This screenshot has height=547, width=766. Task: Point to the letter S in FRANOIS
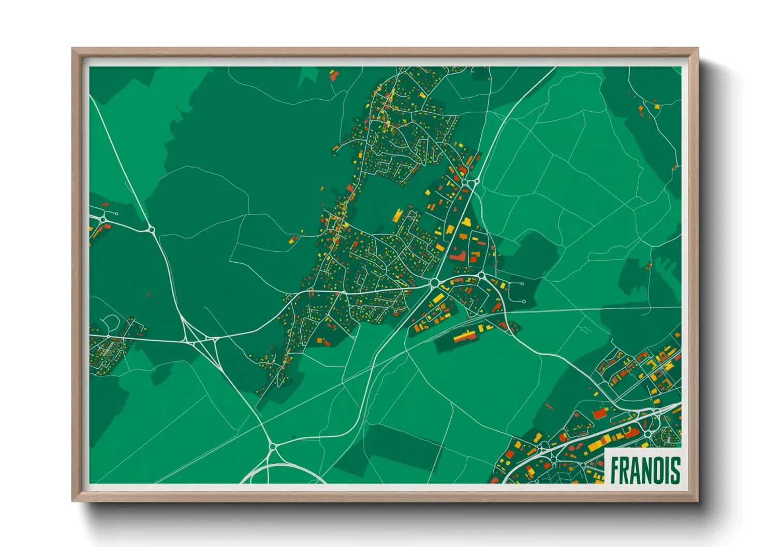coord(675,470)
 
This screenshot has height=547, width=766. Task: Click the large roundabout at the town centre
coord(434,282)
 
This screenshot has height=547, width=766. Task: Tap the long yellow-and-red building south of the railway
coord(465,336)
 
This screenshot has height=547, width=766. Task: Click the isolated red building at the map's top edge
coord(334,76)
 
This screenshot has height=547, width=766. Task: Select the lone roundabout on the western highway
coord(151,229)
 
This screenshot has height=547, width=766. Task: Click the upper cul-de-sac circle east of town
coord(522,284)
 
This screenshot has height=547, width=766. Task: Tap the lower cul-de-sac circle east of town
coord(524,301)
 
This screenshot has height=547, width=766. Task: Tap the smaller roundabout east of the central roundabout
coord(481,276)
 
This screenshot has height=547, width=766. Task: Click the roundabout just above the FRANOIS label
coord(646,433)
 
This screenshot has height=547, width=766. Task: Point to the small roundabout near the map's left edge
coord(103,220)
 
